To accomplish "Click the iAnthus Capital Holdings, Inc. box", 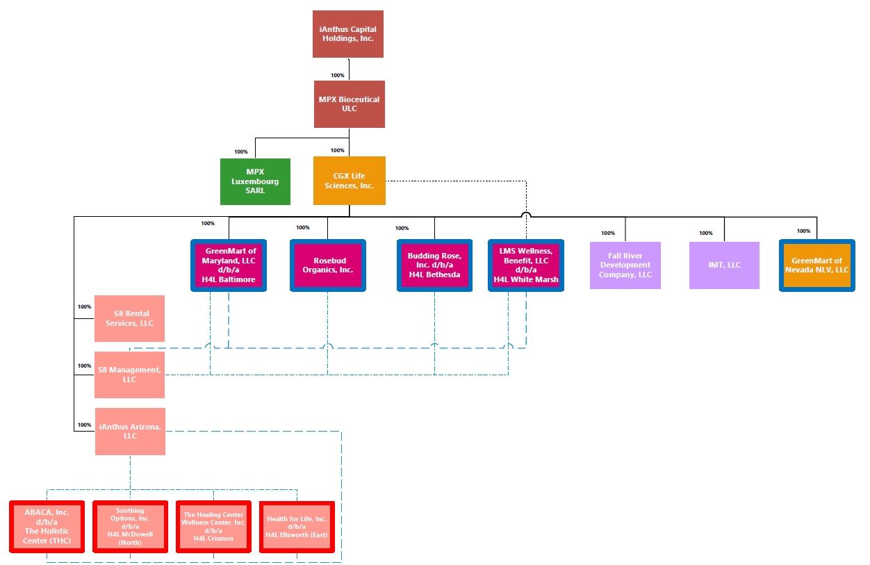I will pos(348,34).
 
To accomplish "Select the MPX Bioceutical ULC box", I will pos(349,104).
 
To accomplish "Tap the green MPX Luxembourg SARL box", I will pos(255,181).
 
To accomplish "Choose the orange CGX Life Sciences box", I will pos(349,181).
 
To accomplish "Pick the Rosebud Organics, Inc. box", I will pos(328,265).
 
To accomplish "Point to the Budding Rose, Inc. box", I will pos(434,265).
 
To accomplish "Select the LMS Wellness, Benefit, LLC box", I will pos(526,265).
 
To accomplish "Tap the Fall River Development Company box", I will pos(625,265).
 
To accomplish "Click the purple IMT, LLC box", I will pos(724,265).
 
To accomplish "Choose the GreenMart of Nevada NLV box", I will pos(816,265).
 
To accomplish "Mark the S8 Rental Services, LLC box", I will pos(129,319).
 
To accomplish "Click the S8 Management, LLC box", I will pos(129,375).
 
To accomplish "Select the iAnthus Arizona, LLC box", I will pos(130,432).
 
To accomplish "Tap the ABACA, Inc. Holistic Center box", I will pos(47,527).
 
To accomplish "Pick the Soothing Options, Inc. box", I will pos(130,527).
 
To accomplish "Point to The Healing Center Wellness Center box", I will pos(213,527).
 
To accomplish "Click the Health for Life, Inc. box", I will pos(297,527).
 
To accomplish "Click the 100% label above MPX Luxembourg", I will pos(241,152).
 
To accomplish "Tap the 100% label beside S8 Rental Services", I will pos(84,306).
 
